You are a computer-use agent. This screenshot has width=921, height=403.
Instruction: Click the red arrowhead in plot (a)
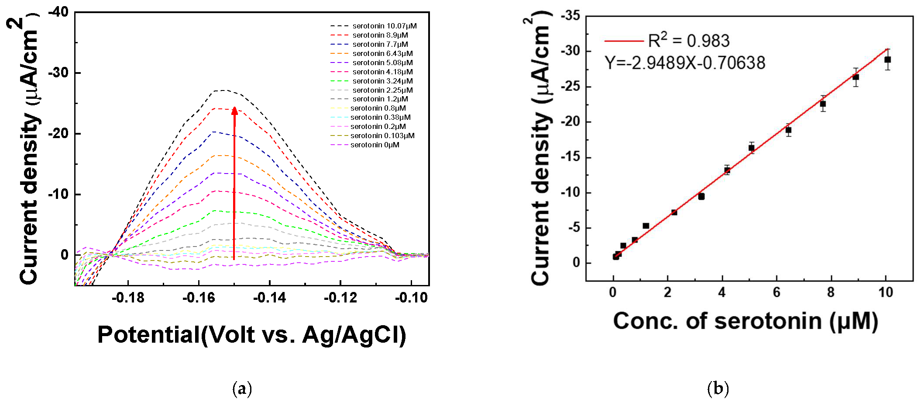234,111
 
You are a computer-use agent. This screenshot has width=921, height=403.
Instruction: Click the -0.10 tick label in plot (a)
411,298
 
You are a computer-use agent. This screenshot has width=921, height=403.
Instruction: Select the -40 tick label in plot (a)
58,12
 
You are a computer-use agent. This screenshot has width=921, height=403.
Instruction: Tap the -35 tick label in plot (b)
570,16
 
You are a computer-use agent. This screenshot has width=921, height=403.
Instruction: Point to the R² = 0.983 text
688,41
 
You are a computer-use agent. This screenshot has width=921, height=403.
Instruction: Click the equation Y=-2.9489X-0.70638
685,63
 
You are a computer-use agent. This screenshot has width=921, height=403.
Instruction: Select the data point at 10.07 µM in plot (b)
887,59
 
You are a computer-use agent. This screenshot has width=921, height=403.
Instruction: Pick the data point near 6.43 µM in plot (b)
788,130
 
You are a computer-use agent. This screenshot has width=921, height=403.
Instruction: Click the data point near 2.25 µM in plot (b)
674,212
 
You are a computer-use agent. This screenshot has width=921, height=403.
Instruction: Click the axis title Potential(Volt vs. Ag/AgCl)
251,335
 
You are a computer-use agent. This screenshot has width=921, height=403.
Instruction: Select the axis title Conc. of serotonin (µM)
746,321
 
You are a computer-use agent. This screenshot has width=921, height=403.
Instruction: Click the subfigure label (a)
242,388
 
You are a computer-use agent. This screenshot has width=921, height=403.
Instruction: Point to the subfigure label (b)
718,388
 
